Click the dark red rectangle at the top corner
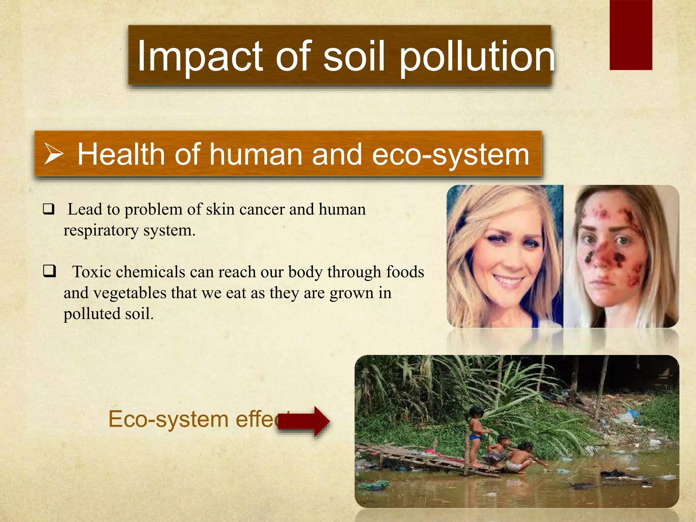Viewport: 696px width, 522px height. pyautogui.click(x=631, y=35)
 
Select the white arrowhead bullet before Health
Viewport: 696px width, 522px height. pyautogui.click(x=54, y=154)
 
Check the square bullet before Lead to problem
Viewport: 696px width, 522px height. pyautogui.click(x=49, y=209)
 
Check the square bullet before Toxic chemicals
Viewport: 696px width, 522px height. pyautogui.click(x=49, y=272)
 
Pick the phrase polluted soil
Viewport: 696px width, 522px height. pyautogui.click(x=108, y=314)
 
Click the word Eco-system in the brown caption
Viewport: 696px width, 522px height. pyautogui.click(x=168, y=419)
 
